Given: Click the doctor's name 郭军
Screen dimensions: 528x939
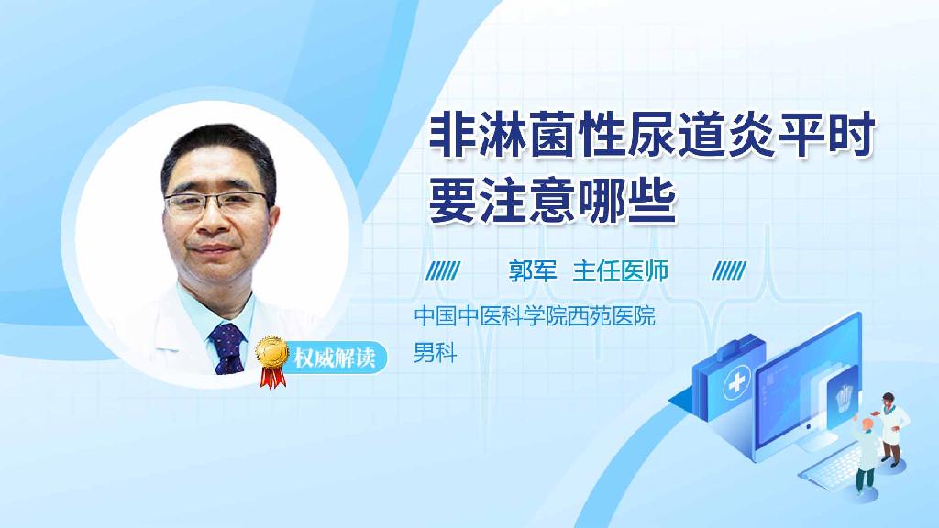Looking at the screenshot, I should tap(533, 270).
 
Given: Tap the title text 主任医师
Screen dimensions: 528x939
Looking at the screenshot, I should tap(621, 270).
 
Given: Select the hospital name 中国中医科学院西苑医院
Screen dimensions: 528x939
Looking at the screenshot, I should tap(535, 317).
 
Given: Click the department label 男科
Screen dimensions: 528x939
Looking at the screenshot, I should tap(435, 351).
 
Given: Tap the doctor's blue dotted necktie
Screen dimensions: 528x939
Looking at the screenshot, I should tap(227, 347).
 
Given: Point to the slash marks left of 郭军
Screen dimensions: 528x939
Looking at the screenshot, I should tap(444, 270).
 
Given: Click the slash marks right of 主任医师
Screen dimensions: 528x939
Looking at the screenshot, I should tap(730, 270).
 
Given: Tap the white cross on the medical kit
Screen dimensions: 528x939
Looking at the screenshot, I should tap(736, 386).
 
